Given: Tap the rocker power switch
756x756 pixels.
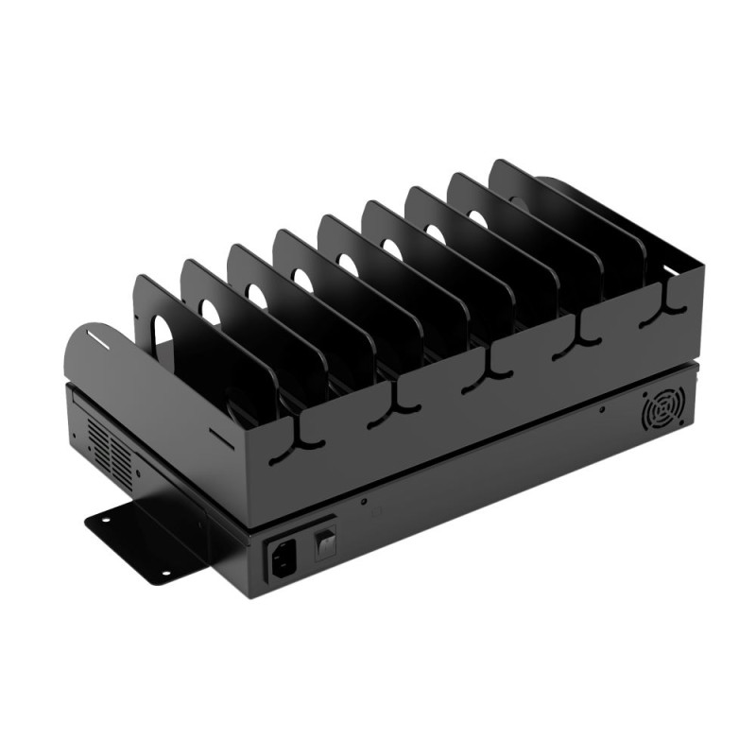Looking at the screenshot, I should click(x=325, y=541).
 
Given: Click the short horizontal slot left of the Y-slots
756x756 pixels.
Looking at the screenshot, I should click(x=220, y=435).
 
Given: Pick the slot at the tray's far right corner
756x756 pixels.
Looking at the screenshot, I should click(x=673, y=272).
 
